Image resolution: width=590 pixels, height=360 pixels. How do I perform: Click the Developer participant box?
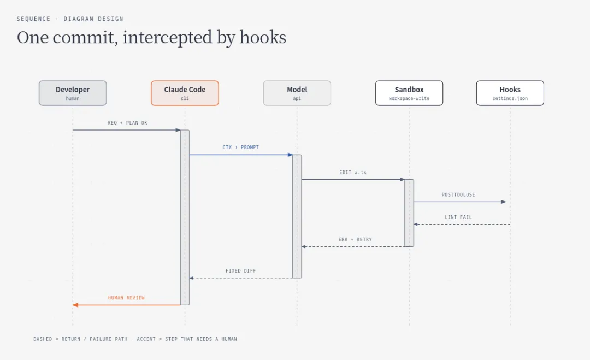[x=73, y=93]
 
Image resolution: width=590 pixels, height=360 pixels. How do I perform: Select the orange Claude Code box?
[x=185, y=93]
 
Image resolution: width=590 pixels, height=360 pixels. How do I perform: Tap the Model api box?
[x=297, y=93]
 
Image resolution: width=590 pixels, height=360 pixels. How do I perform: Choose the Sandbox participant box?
[x=409, y=93]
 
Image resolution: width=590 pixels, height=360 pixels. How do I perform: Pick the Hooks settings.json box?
[x=510, y=93]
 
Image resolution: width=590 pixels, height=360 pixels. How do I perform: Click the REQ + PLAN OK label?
[x=127, y=122]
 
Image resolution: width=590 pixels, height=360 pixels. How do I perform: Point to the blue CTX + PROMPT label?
[x=241, y=147]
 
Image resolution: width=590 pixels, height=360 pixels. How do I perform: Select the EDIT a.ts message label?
[x=353, y=172]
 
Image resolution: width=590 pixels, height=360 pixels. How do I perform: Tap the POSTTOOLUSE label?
[x=458, y=194]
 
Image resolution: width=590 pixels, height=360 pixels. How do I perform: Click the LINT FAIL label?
[x=458, y=217]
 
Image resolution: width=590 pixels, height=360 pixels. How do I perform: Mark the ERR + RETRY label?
[x=355, y=239]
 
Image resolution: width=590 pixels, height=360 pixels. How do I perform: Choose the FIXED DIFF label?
[x=241, y=270]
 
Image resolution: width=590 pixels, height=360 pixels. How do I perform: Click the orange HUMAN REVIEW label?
[x=126, y=298]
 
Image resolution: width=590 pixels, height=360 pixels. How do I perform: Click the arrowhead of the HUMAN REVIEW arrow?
[x=75, y=305]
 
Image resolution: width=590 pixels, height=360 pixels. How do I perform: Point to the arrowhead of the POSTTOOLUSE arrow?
[x=504, y=202]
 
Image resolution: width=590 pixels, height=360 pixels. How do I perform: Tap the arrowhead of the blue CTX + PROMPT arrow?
[x=290, y=155]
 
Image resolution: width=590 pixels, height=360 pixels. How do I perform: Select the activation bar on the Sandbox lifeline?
[x=409, y=213]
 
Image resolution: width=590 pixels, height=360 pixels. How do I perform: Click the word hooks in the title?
[x=263, y=37]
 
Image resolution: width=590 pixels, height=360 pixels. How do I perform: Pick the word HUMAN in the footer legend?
[x=229, y=339]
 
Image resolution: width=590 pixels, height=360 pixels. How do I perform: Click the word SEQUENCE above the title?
[x=33, y=19]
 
